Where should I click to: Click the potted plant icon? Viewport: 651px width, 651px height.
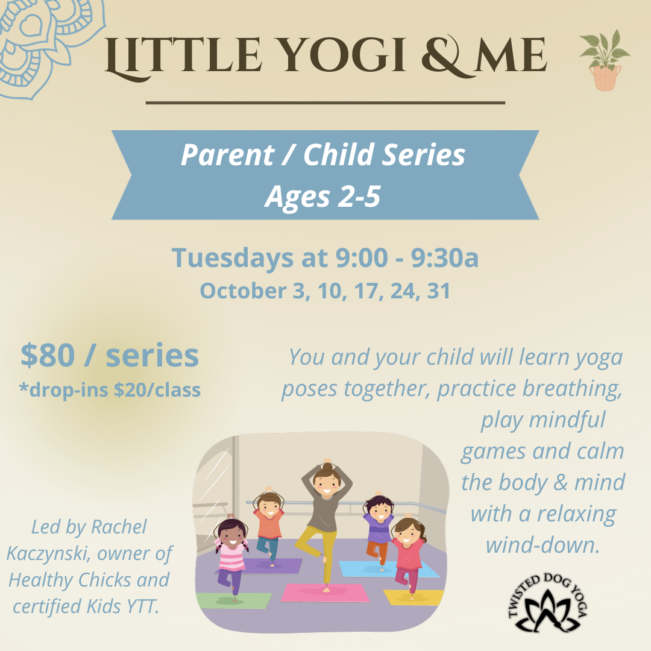click(x=605, y=60)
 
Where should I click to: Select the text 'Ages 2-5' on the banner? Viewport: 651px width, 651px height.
click(x=322, y=196)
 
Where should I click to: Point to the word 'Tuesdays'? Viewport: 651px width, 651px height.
click(x=233, y=258)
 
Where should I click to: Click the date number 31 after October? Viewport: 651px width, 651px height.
click(x=438, y=291)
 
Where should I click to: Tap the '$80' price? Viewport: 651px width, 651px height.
click(x=48, y=356)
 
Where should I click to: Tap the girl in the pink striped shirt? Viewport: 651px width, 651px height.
click(x=231, y=553)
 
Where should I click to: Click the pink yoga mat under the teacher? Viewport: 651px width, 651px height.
click(x=325, y=593)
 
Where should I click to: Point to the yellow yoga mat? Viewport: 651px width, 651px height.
click(x=414, y=597)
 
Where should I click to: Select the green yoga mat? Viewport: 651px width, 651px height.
click(x=233, y=601)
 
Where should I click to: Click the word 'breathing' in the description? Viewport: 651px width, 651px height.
click(x=572, y=389)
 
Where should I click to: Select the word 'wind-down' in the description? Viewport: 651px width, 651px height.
click(x=542, y=545)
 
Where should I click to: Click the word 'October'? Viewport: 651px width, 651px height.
click(x=244, y=291)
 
